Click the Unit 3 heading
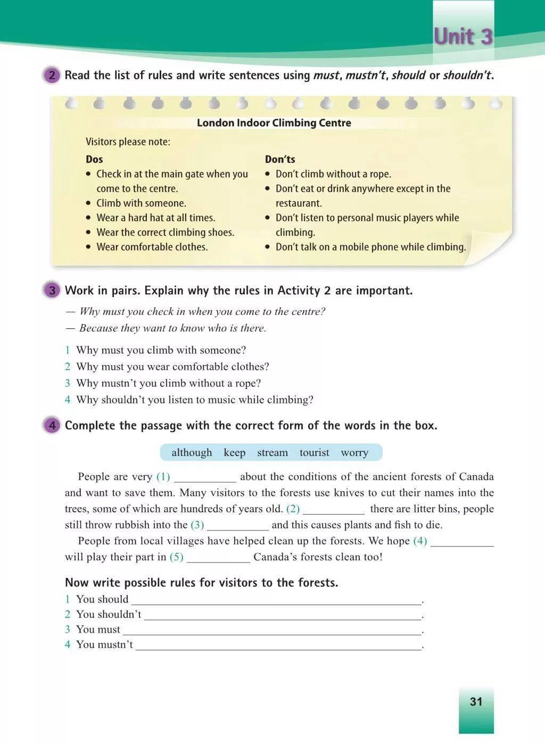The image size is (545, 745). click(x=463, y=37)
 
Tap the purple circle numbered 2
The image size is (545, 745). click(x=52, y=75)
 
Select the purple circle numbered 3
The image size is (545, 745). click(x=52, y=291)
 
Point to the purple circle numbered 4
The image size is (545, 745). click(x=52, y=425)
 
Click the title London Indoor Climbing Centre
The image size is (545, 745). click(x=274, y=123)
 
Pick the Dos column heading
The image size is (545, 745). click(x=94, y=159)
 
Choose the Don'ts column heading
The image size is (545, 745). click(x=280, y=159)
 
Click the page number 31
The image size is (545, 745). click(x=476, y=701)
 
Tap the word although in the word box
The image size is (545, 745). click(x=192, y=453)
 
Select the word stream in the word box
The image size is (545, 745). click(x=272, y=453)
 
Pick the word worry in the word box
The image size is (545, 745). click(x=354, y=453)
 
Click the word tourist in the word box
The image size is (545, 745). click(x=314, y=453)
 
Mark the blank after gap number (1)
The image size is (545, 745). click(x=205, y=478)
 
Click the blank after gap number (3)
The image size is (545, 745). click(x=238, y=526)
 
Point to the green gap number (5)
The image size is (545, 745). click(x=176, y=557)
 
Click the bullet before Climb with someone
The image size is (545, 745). click(x=89, y=203)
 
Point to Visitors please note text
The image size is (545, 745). click(x=128, y=142)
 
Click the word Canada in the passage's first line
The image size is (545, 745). click(x=476, y=477)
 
